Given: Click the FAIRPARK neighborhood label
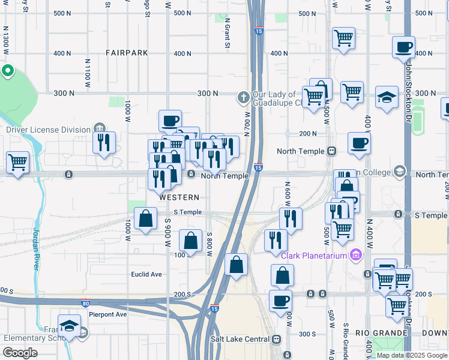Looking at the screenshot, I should click(127, 53).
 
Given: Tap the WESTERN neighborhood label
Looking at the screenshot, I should click(179, 197).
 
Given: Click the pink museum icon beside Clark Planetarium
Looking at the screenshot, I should click(356, 256).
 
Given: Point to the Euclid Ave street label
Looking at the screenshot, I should click(147, 274).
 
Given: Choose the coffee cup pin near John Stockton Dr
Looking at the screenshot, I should click(403, 47).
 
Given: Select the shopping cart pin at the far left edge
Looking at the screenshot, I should click(17, 161).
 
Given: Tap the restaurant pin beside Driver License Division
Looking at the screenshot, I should click(104, 143).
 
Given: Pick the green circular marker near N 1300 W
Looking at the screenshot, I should click(7, 72).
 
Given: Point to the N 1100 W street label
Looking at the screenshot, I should click(88, 70).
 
